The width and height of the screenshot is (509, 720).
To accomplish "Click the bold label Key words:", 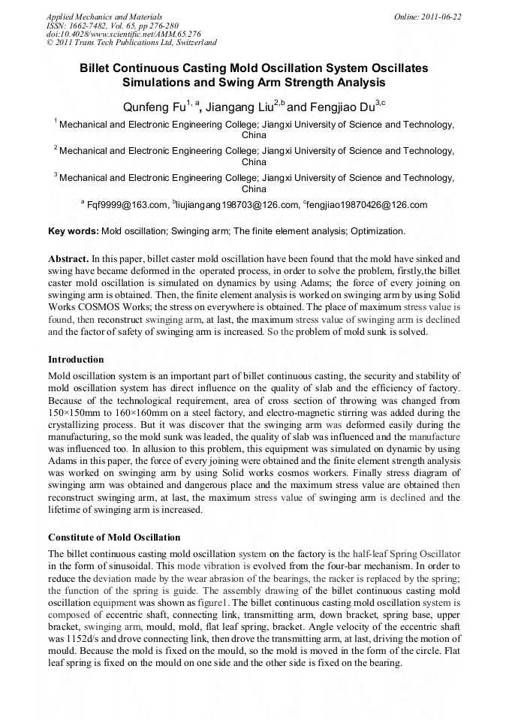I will pos(73,231).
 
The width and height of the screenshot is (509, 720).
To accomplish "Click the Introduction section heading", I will pos(76,360).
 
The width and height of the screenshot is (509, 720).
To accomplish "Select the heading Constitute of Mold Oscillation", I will pos(114,537).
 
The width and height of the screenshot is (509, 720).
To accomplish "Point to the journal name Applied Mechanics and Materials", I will pos(104,16).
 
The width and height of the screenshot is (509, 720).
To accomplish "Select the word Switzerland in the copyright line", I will pos(194,43).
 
